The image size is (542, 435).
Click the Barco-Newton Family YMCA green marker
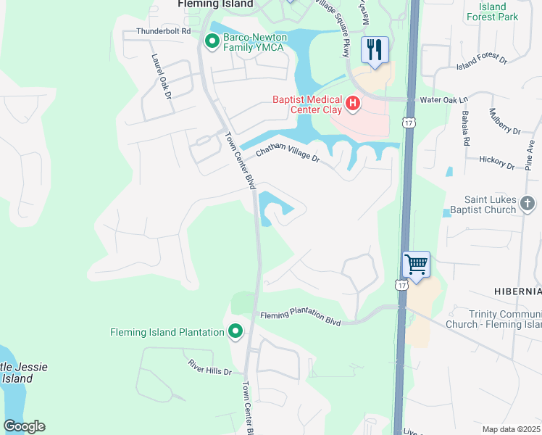point(212,41)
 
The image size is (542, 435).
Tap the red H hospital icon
point(353,104)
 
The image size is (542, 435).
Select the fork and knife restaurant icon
point(375,50)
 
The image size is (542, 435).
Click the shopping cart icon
point(417,264)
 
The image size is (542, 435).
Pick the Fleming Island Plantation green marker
point(235,332)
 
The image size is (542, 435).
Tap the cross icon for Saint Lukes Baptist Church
point(528,204)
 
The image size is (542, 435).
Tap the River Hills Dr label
point(209,367)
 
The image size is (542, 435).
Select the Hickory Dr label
point(496,162)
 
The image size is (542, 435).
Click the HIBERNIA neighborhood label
point(517,291)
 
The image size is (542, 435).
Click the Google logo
point(24,426)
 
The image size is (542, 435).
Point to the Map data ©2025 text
point(511,429)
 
